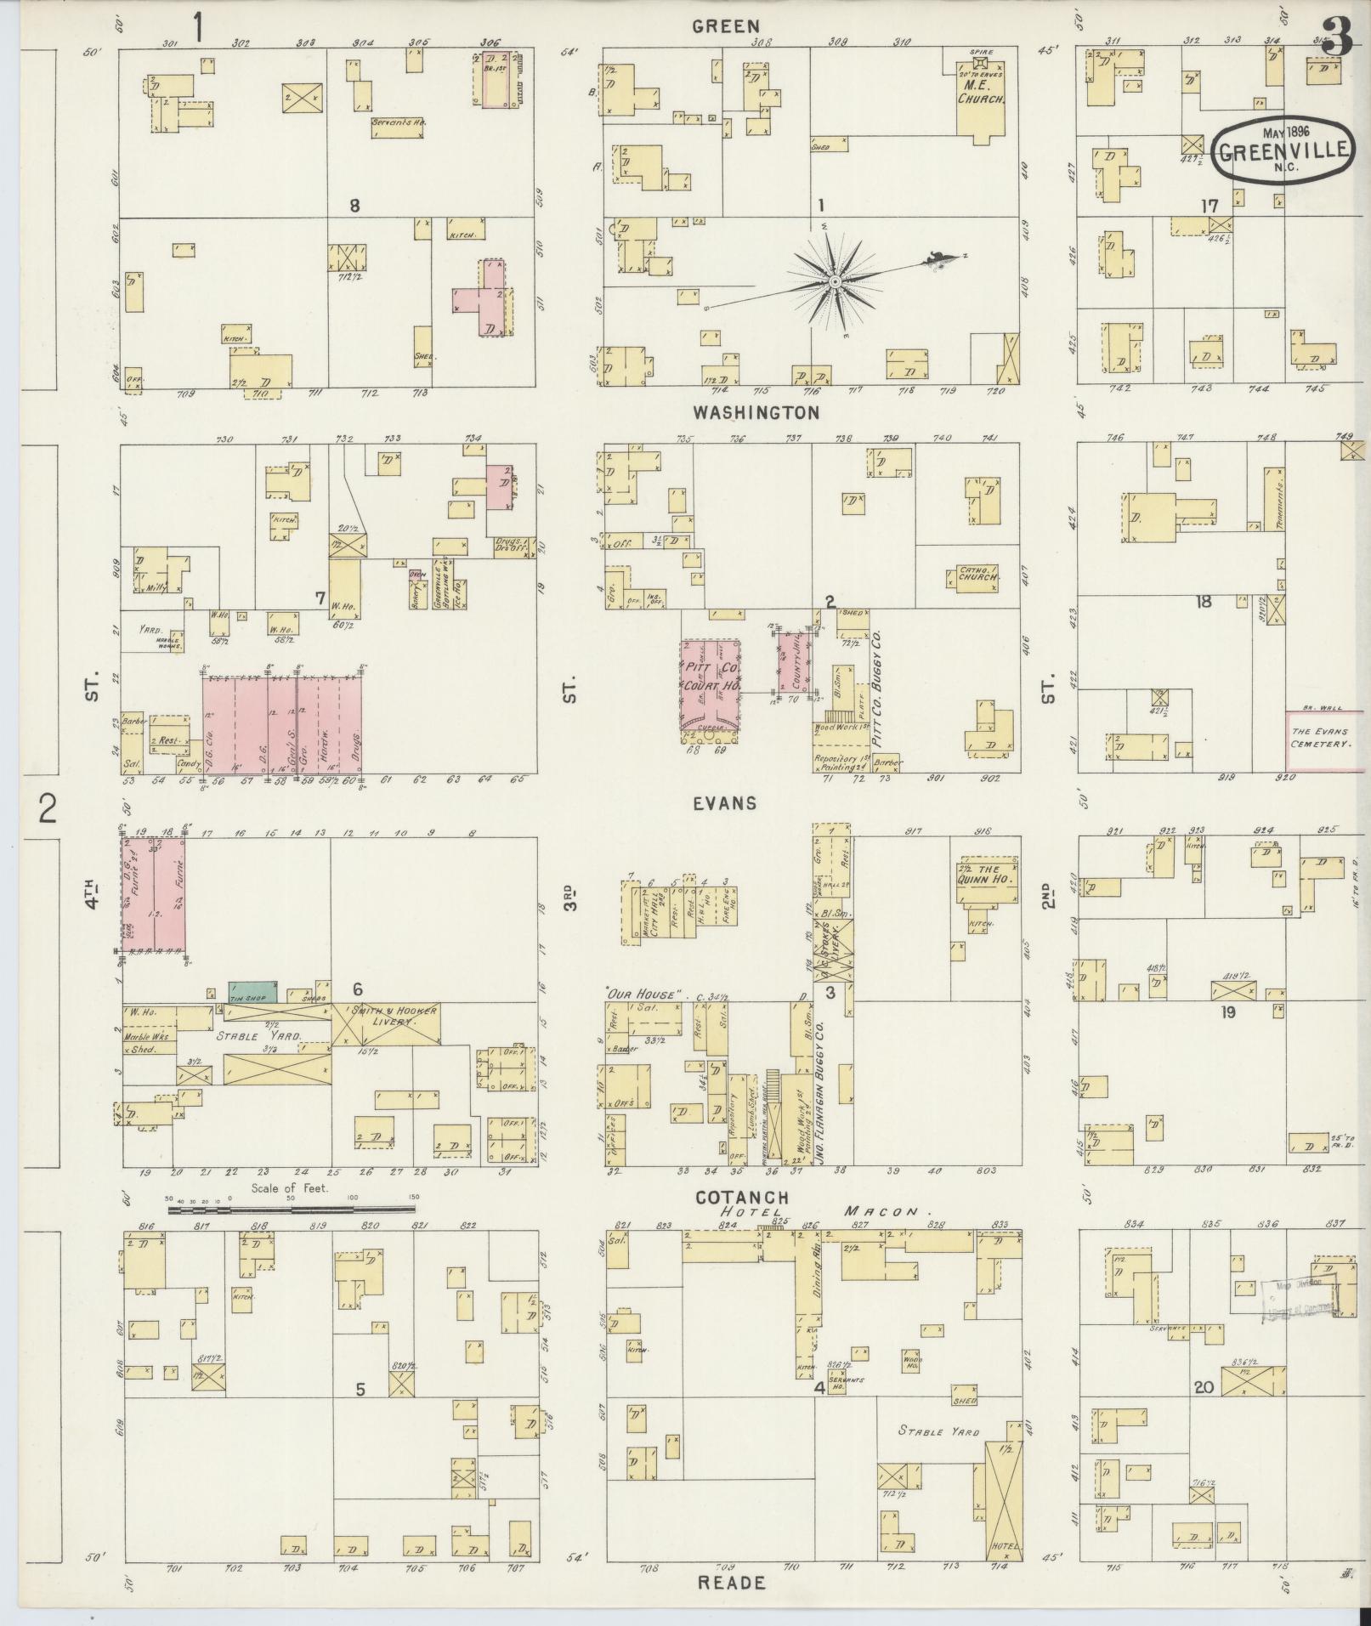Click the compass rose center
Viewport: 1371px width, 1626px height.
point(835,281)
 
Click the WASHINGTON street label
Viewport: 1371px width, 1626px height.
point(756,412)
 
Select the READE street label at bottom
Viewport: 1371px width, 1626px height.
point(731,1583)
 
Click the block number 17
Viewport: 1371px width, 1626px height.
point(1210,205)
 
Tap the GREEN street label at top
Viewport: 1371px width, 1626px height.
point(725,26)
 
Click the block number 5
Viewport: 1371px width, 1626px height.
point(360,1389)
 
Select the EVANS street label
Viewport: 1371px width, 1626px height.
point(725,802)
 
